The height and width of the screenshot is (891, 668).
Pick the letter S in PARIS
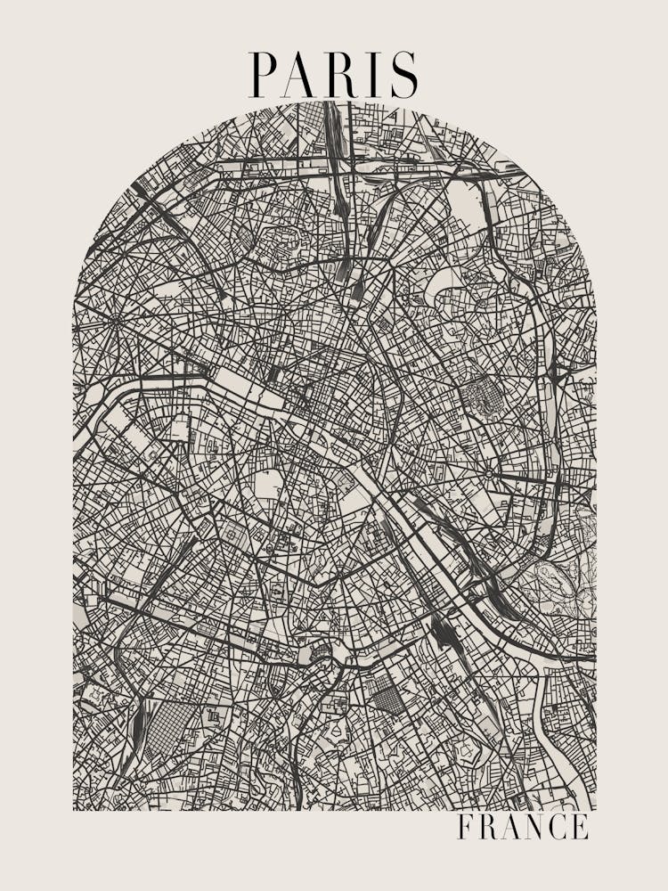point(403,75)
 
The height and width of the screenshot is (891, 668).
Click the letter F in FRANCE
point(465,827)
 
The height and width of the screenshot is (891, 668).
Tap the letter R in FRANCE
point(486,827)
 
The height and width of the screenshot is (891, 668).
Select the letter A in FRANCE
point(510,827)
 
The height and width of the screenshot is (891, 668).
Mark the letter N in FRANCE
point(535,827)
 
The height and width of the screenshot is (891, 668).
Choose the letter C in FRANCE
point(559,827)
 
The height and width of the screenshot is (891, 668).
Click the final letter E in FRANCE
point(581,827)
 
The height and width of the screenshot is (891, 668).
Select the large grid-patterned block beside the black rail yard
point(164,726)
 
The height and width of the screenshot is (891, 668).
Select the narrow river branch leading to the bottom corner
point(570,766)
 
